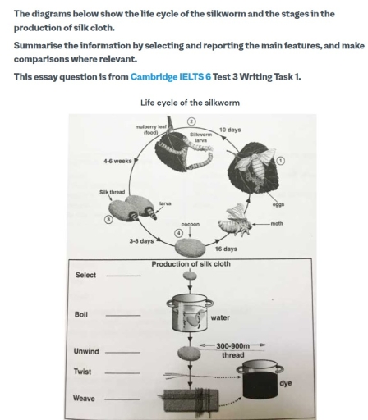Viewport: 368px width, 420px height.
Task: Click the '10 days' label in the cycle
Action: click(x=228, y=130)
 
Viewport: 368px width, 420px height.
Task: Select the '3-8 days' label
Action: click(x=141, y=241)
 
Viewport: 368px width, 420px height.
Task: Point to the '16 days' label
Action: click(x=226, y=248)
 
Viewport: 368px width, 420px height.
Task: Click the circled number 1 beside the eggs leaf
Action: click(x=282, y=160)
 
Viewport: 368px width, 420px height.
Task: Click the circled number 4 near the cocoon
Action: click(x=179, y=231)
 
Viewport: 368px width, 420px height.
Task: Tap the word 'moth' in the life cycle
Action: click(x=275, y=221)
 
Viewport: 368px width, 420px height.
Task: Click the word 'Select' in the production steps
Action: click(x=86, y=276)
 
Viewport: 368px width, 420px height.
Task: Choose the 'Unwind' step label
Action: click(x=86, y=351)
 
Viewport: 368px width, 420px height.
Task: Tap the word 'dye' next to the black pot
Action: click(x=285, y=383)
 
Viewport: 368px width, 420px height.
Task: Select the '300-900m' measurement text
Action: click(x=233, y=346)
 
